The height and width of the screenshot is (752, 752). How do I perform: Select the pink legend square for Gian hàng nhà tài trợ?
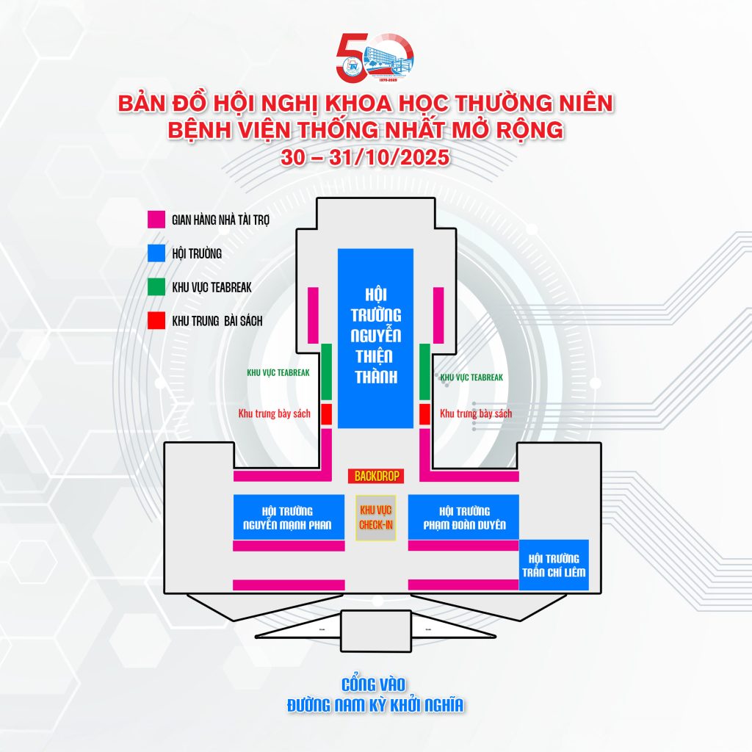(x=155, y=219)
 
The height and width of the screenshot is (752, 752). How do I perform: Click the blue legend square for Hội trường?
(x=155, y=253)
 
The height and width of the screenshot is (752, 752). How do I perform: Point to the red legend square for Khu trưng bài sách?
(x=155, y=321)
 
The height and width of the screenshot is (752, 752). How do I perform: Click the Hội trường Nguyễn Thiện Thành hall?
(x=375, y=338)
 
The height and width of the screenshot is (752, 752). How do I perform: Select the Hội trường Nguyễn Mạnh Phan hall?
(x=288, y=518)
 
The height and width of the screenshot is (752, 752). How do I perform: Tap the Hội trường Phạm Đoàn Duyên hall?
(x=463, y=518)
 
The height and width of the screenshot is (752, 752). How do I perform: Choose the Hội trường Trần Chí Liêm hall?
(x=553, y=564)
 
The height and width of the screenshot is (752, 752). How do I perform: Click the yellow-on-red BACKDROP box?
(x=376, y=476)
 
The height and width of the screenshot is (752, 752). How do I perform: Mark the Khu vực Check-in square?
(x=375, y=518)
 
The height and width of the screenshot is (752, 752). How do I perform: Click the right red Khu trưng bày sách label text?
(x=475, y=413)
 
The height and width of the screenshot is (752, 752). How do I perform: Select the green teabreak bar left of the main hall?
(x=327, y=372)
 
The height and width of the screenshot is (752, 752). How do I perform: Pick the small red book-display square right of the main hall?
(x=424, y=413)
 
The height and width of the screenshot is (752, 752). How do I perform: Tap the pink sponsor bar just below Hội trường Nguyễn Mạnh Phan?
(x=289, y=546)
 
